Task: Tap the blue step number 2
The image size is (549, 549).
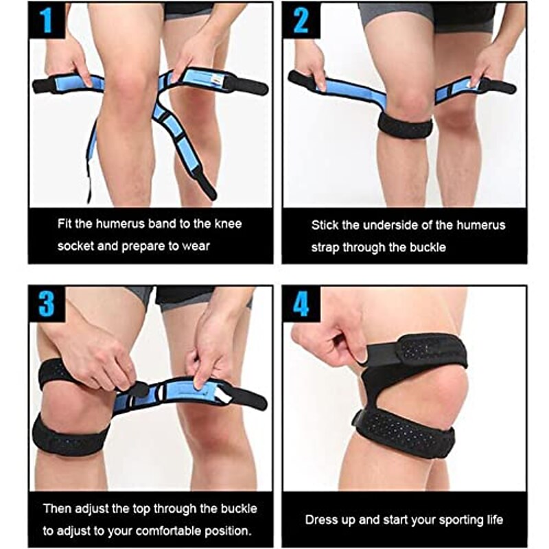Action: pos(301,20)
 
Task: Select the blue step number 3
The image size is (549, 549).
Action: pos(47,304)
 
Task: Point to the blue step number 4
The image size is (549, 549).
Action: pos(301,304)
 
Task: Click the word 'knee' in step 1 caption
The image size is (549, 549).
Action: pos(228,224)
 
